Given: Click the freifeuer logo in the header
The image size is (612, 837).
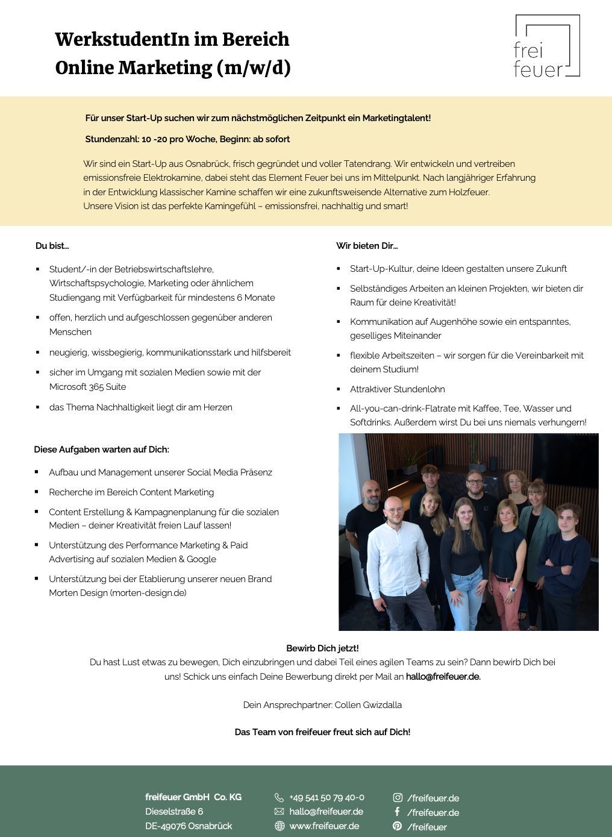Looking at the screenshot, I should pos(547,46).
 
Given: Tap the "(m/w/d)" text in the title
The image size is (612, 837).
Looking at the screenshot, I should pos(253,68).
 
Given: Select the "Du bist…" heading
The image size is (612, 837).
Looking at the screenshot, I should pos(52,246).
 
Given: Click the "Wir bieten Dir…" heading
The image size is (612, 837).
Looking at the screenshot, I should pos(367,246).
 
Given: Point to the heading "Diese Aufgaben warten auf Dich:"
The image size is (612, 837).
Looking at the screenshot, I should pos(102,450).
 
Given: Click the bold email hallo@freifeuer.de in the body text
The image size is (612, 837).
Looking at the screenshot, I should pos(443,677).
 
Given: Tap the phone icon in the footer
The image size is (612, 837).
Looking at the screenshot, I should pos(279,797).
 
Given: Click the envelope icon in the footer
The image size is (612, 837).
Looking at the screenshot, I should pos(279,812).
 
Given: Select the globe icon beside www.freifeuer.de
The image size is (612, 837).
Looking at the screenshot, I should pos(279,826).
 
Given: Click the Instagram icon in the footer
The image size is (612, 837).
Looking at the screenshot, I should pos(398,797).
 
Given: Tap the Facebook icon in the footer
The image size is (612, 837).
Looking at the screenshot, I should pos(398,812).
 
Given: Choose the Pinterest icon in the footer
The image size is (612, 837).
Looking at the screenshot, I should pos(398,826).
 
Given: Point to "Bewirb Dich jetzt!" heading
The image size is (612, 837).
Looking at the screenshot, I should pos(322,648).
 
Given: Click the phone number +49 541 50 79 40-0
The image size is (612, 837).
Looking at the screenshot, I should pos(326,797).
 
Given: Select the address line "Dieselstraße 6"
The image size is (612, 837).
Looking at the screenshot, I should pos(174,812).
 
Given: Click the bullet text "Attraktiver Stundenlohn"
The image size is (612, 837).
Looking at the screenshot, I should pos(398,389).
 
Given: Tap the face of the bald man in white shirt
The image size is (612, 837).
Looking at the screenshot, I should pos(394,510).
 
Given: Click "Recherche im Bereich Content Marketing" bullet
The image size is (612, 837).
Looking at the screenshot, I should pos(131,492).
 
